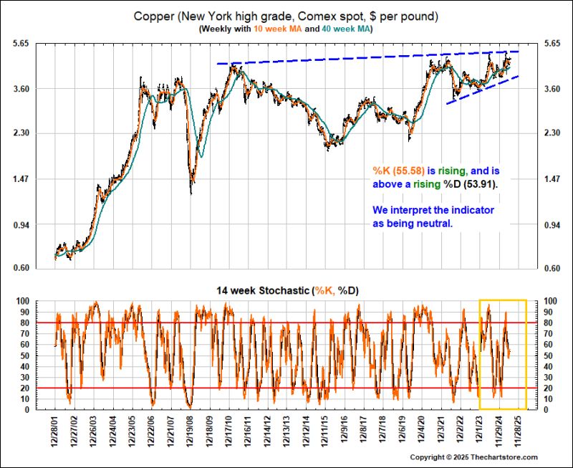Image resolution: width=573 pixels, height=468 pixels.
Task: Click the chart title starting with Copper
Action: pos(286,15)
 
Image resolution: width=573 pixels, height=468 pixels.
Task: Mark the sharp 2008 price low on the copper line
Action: pos(191,192)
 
